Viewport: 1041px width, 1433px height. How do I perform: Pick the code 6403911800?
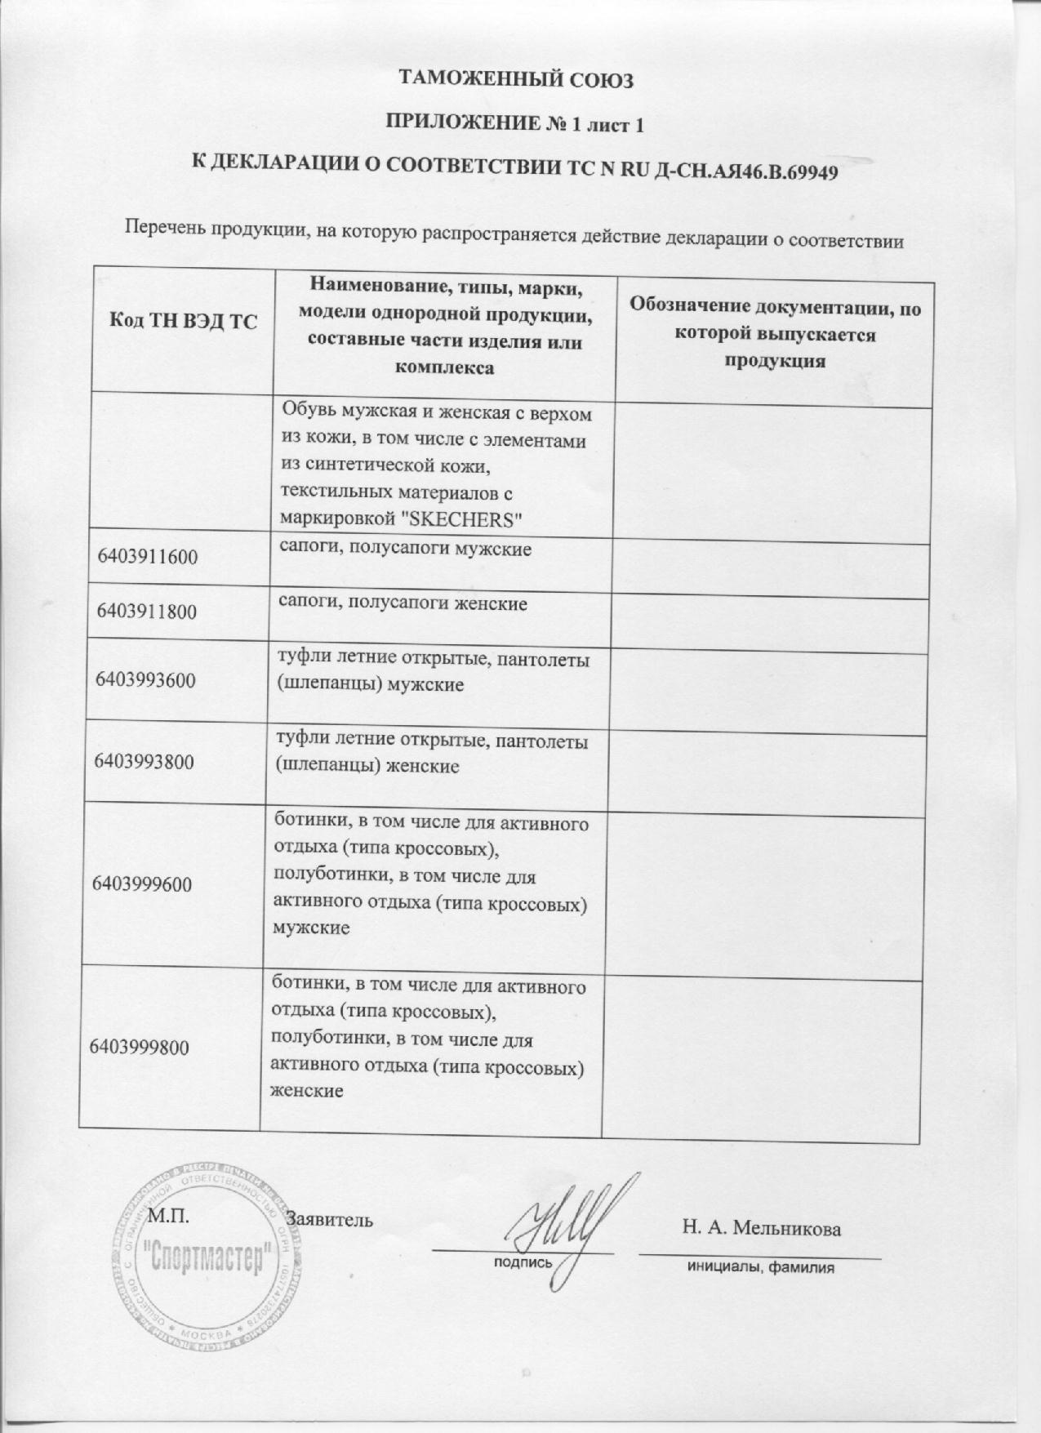[147, 611]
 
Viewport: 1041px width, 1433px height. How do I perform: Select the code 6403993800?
[145, 762]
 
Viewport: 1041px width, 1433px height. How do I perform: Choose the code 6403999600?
[143, 883]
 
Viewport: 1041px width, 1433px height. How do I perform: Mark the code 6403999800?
[140, 1046]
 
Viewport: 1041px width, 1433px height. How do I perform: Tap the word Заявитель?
[336, 1220]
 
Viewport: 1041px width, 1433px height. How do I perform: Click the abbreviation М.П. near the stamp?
[169, 1216]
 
